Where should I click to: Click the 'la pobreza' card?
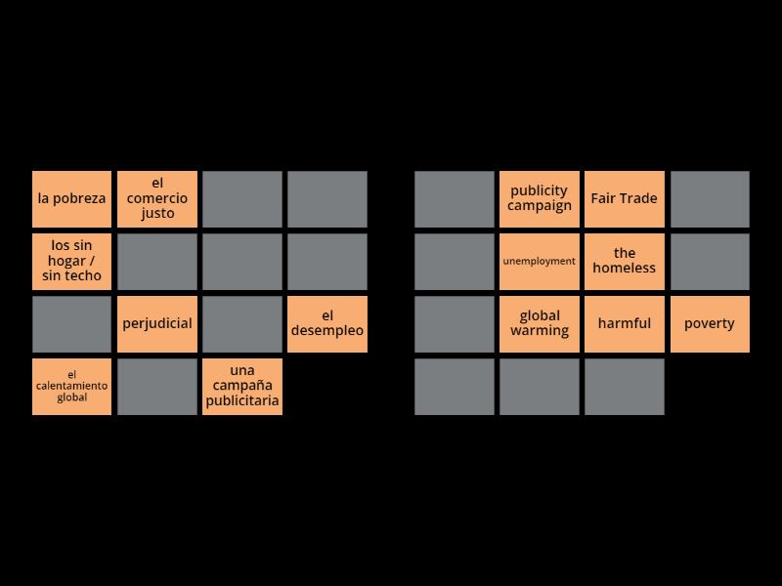(71, 199)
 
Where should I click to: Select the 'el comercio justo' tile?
(157, 199)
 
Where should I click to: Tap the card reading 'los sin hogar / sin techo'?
(71, 261)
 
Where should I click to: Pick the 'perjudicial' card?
(157, 323)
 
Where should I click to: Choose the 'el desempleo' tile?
(327, 323)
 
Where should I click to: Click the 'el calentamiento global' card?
(71, 386)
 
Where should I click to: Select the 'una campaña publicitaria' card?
(242, 386)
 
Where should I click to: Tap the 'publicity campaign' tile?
(540, 199)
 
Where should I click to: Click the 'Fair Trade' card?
(625, 199)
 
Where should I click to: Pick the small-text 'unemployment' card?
(540, 261)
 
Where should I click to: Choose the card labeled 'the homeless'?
(625, 261)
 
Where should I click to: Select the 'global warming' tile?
(540, 323)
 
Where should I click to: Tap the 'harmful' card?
(625, 323)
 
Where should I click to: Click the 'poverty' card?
(710, 323)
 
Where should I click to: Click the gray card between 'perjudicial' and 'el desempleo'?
(242, 323)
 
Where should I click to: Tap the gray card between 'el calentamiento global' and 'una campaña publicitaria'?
(157, 386)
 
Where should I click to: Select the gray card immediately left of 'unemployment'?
(455, 261)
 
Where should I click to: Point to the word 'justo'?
(157, 214)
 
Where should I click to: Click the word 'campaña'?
(242, 386)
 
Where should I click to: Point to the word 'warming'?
(540, 331)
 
